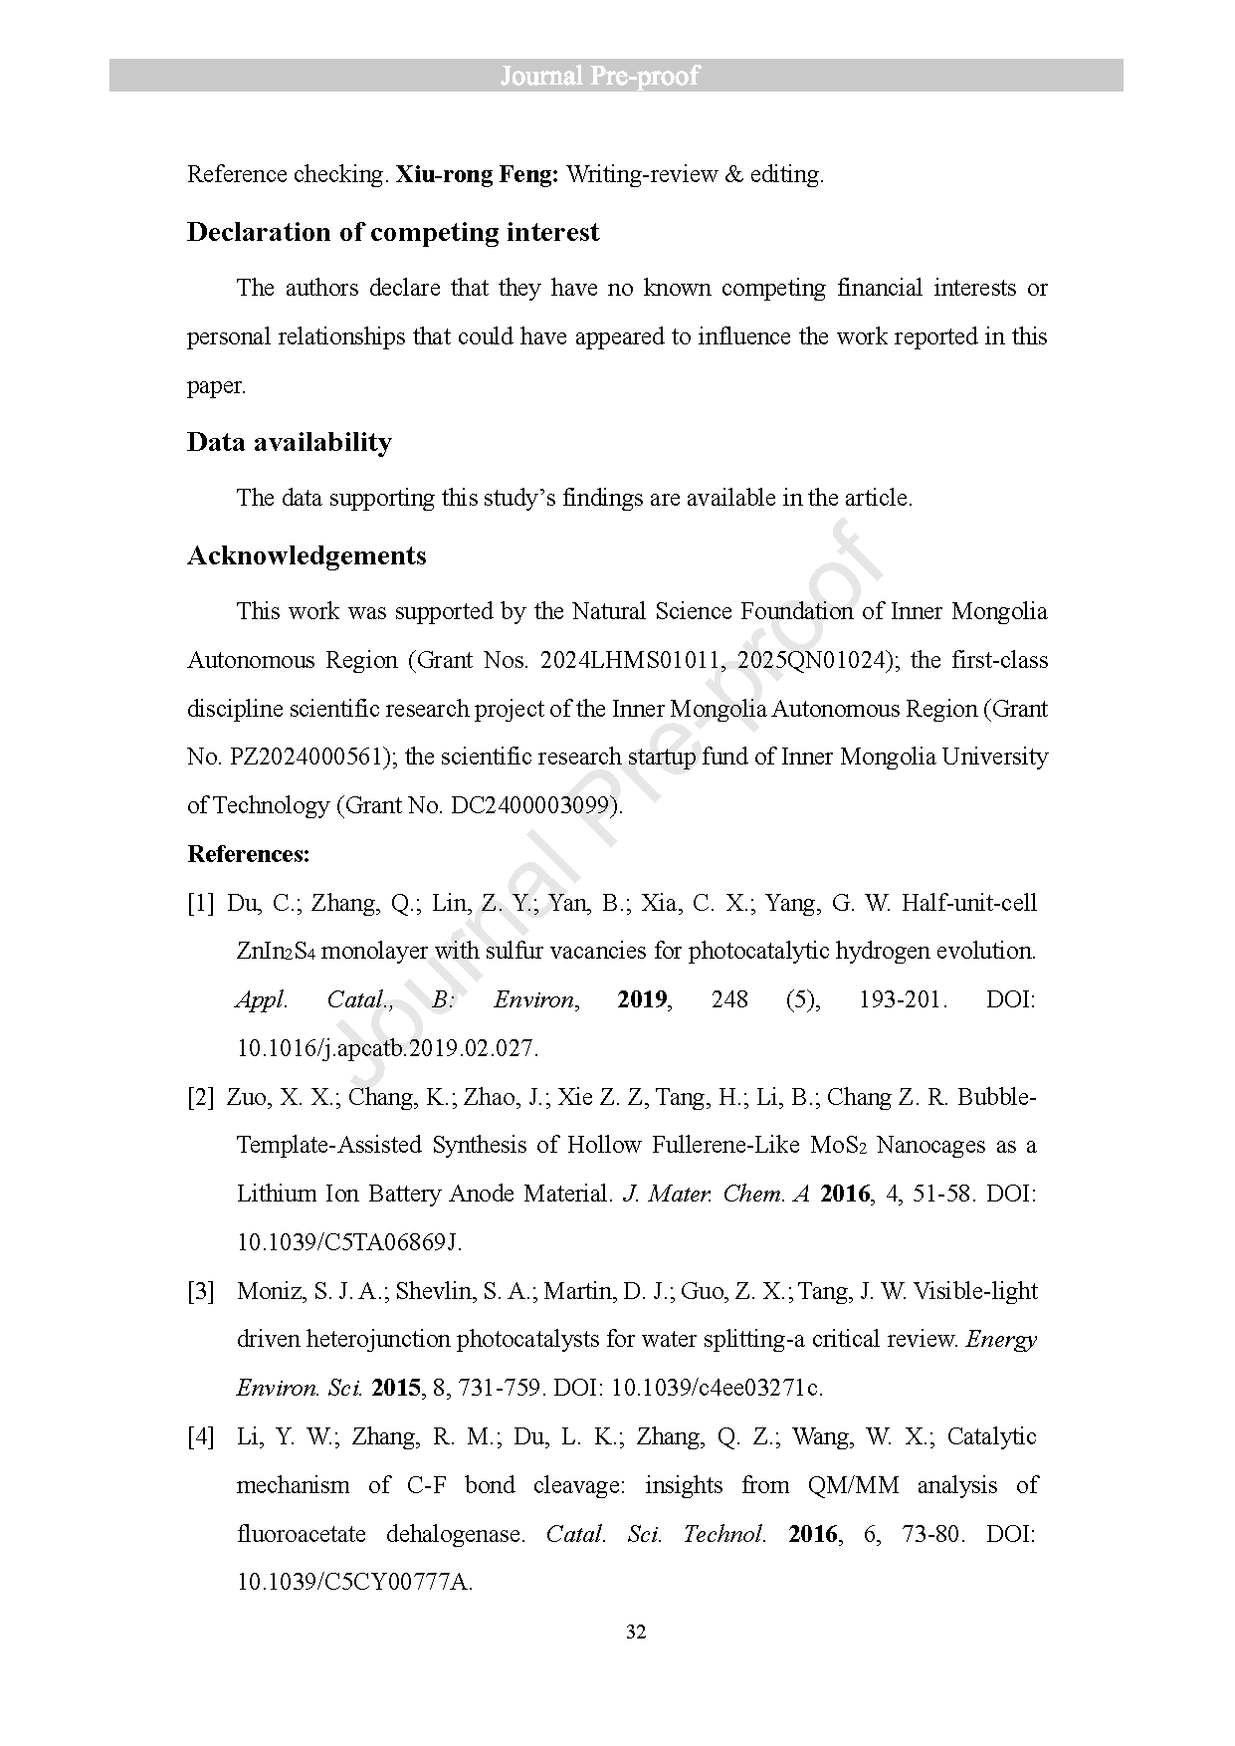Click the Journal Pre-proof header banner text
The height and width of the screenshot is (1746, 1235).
(599, 76)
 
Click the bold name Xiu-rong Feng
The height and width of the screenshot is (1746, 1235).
(477, 175)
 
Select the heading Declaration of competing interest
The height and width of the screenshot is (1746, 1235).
(393, 233)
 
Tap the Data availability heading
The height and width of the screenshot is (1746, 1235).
(289, 442)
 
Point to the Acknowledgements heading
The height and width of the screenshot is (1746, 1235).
(307, 555)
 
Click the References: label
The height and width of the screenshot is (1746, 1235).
(249, 854)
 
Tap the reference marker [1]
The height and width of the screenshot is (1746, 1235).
(200, 904)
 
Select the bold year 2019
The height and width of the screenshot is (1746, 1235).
(642, 999)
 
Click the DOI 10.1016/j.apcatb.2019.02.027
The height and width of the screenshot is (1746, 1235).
(387, 1048)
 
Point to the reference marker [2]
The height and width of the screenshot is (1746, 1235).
(200, 1098)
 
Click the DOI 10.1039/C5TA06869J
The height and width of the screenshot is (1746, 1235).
(349, 1242)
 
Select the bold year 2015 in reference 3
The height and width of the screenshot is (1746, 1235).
(396, 1388)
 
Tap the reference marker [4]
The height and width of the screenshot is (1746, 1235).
(200, 1437)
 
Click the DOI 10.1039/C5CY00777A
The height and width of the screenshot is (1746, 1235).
(354, 1582)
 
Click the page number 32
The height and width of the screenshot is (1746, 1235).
(636, 1633)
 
